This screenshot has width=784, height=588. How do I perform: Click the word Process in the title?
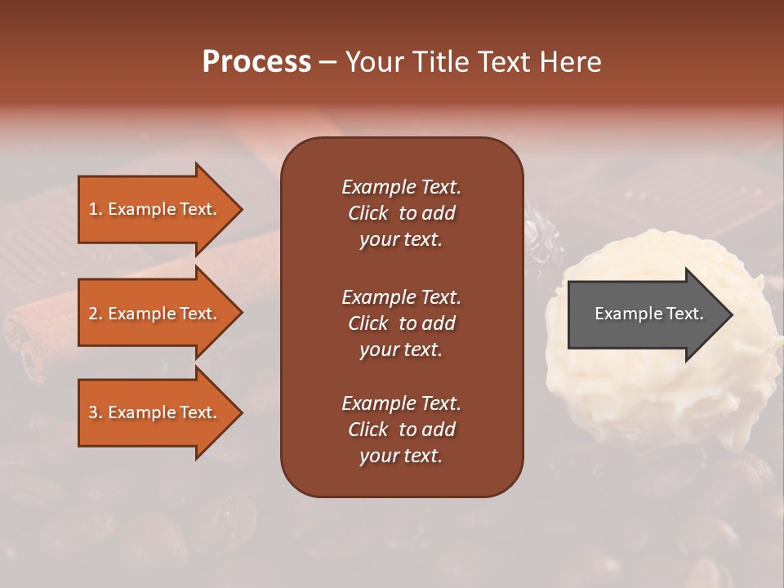pyautogui.click(x=256, y=61)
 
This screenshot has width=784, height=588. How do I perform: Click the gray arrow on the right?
pyautogui.click(x=645, y=314)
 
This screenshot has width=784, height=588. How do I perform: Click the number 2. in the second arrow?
pyautogui.click(x=96, y=314)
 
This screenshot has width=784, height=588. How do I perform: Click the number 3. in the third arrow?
pyautogui.click(x=96, y=412)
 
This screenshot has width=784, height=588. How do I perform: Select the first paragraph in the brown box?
pyautogui.click(x=401, y=213)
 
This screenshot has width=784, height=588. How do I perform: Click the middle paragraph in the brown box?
pyautogui.click(x=401, y=323)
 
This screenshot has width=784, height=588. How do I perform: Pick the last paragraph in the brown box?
pyautogui.click(x=401, y=430)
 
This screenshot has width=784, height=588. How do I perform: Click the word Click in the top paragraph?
pyautogui.click(x=367, y=213)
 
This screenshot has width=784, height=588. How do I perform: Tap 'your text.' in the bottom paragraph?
pyautogui.click(x=401, y=456)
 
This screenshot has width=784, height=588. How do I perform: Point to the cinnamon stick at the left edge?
pyautogui.click(x=33, y=335)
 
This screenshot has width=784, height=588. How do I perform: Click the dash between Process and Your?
pyautogui.click(x=327, y=62)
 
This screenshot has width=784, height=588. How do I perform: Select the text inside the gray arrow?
pyautogui.click(x=648, y=314)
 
